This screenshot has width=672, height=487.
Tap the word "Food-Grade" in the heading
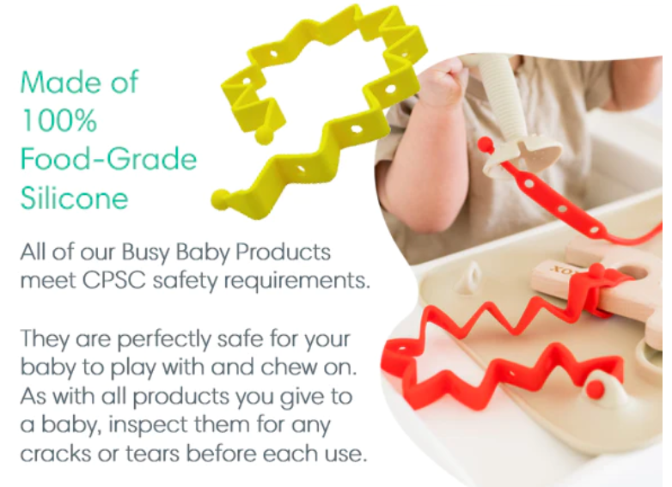tap(108, 160)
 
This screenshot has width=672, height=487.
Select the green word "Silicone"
tap(74, 198)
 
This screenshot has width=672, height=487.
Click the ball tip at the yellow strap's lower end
tap(221, 201)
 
